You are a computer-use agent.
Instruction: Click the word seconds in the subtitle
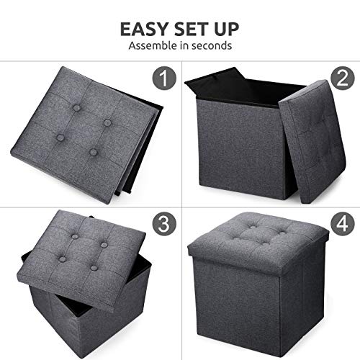pyautogui.click(x=212, y=46)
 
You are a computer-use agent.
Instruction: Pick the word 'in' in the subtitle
pyautogui.click(x=184, y=46)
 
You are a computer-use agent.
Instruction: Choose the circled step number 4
pyautogui.click(x=341, y=224)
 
